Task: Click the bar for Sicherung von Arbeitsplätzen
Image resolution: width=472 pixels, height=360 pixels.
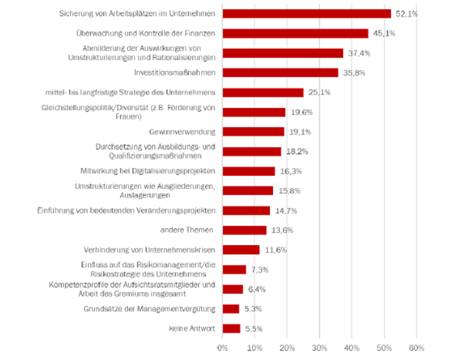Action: coord(307,14)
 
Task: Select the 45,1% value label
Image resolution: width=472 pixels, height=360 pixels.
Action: coord(384,34)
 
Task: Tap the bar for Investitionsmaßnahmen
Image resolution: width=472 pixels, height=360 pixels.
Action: coord(281,73)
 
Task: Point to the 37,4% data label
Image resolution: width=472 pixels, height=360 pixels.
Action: coord(359,53)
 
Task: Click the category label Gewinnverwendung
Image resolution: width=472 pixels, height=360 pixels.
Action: coord(182,132)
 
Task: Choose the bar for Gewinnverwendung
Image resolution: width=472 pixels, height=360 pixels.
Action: coord(254,132)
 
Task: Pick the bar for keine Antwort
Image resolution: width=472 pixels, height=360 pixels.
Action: coord(232,329)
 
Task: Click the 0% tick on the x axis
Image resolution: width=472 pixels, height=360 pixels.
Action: coord(222,348)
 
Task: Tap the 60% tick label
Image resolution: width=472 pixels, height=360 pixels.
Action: coord(417,348)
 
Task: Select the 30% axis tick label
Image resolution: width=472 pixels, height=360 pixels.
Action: coord(319,348)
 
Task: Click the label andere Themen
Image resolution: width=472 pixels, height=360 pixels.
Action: coord(186,230)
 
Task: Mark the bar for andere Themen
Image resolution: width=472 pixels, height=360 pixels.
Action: coord(244,230)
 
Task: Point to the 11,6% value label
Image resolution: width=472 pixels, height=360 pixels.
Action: coord(275,250)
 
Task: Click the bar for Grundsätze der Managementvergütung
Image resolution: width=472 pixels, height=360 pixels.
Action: coord(231,309)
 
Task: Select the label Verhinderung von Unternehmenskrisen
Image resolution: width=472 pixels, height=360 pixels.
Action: coord(150,250)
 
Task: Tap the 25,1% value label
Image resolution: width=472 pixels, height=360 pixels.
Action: coord(319,92)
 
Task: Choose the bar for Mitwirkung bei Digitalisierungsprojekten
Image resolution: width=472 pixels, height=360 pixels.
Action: coord(249,171)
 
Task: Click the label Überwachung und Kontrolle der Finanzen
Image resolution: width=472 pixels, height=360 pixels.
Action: coord(146,33)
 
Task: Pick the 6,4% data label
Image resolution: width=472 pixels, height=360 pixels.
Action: coord(257,290)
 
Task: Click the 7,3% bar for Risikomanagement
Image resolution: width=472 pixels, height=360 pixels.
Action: coord(235,269)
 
